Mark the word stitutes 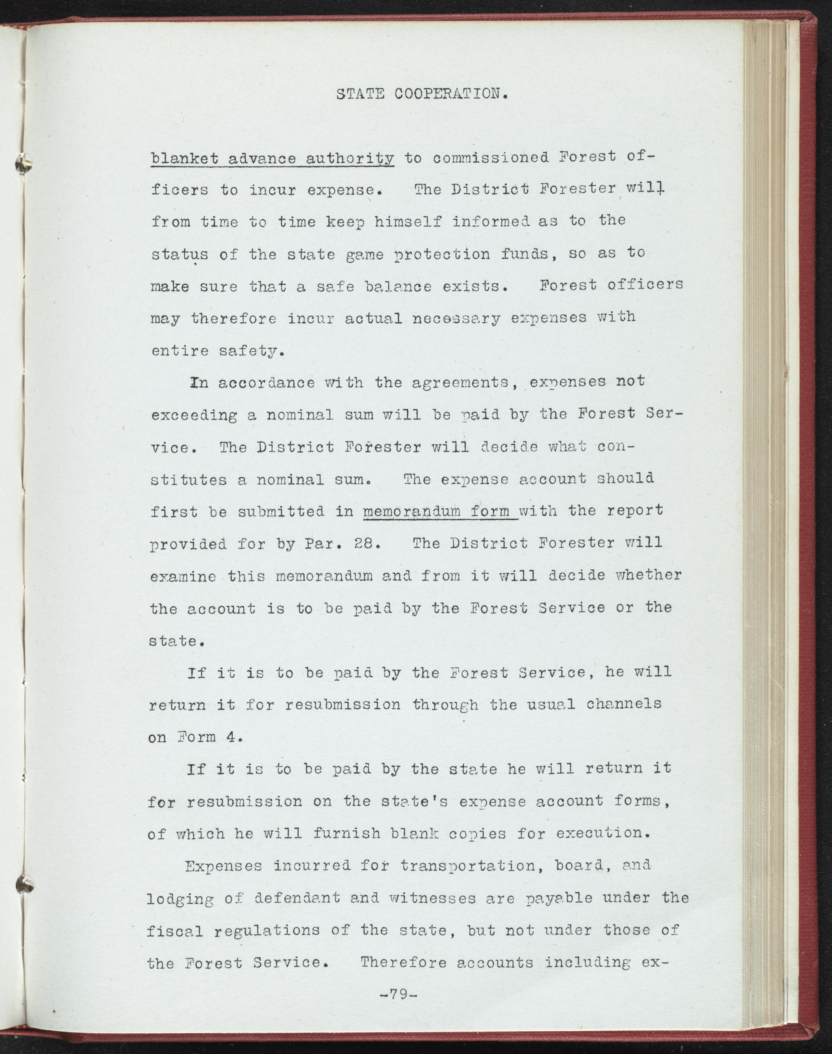pos(189,480)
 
